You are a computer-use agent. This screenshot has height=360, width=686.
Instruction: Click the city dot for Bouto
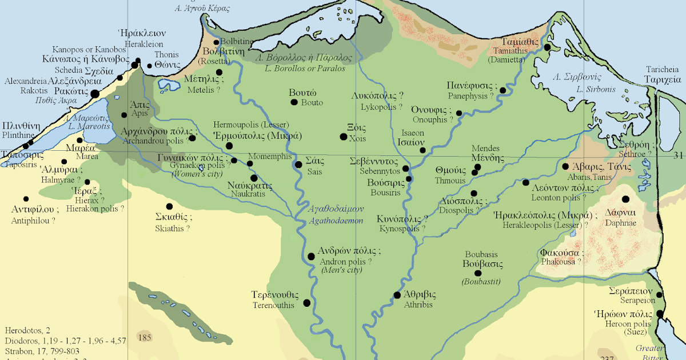(294, 102)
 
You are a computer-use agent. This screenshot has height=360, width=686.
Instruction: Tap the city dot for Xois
(343, 137)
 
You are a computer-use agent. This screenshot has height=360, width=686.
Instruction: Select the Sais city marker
(298, 165)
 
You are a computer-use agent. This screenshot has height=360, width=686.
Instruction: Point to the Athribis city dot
(397, 295)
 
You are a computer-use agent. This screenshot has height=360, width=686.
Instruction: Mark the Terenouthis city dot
(306, 303)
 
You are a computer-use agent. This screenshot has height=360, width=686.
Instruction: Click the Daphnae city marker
(625, 199)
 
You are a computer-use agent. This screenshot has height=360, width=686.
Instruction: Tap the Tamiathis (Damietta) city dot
(547, 47)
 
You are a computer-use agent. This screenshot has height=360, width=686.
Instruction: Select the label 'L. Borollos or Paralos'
(305, 69)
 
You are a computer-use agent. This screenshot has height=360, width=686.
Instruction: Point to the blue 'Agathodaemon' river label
(336, 220)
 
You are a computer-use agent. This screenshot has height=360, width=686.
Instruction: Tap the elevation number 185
(145, 338)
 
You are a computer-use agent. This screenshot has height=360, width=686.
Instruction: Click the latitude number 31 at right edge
(678, 155)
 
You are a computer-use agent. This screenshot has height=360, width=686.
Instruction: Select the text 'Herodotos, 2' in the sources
(27, 330)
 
